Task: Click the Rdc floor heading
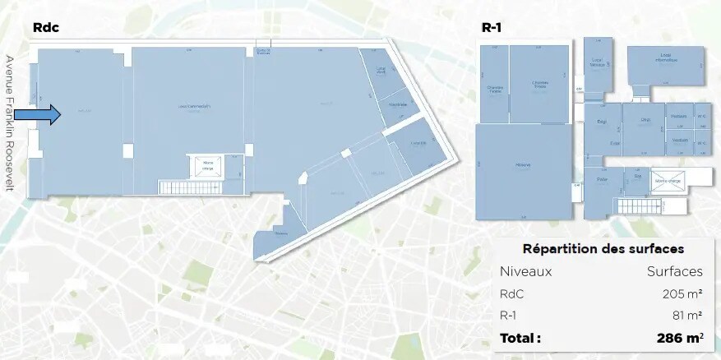pos(46,27)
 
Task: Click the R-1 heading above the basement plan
pos(492,27)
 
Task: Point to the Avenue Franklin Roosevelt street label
pos(11,122)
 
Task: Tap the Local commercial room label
pos(194,106)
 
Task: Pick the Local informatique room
pos(666,59)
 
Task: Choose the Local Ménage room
pos(599,62)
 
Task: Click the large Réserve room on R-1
pos(523,165)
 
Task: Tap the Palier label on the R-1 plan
pos(602,178)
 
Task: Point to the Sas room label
pos(637,175)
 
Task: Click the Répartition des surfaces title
pos(603,249)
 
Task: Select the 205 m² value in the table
pos(682,293)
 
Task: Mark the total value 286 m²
pos(679,337)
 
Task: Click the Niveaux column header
pos(525,271)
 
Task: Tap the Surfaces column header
pos(674,271)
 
